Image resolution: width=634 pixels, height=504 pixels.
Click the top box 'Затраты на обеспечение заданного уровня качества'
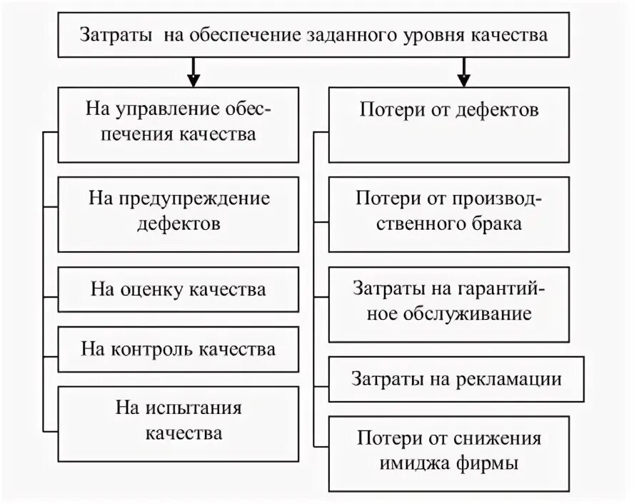[313, 35]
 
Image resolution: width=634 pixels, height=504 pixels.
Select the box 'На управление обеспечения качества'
[178, 123]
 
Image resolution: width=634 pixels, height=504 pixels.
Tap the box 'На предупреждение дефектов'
[178, 211]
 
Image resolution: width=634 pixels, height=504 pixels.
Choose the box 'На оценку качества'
[178, 290]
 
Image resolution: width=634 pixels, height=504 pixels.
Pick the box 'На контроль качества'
[178, 350]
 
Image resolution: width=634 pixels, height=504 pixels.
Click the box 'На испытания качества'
[178, 421]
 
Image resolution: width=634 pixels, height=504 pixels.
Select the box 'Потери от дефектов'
[449, 123]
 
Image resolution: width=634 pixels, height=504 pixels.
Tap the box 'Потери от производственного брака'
[449, 211]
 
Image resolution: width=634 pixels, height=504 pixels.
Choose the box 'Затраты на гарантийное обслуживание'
[449, 301]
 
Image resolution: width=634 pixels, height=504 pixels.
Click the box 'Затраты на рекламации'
[456, 379]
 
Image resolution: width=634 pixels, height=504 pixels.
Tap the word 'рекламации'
[508, 379]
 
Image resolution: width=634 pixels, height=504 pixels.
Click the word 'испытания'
[193, 408]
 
